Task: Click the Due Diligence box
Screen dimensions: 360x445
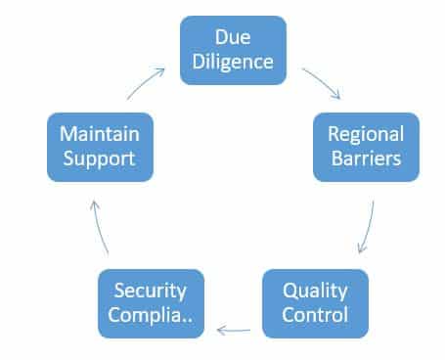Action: [x=233, y=50]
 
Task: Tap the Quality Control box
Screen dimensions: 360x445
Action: [x=315, y=302]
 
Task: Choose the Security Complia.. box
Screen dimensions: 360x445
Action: [x=151, y=304]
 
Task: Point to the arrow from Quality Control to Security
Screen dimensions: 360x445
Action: [x=235, y=332]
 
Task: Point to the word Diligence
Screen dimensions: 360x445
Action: [x=233, y=62]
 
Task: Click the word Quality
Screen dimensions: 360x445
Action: [x=315, y=291]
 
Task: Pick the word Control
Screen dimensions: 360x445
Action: [x=315, y=314]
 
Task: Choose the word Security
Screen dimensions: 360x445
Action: [x=151, y=292]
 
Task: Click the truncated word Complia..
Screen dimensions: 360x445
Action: [x=147, y=316]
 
